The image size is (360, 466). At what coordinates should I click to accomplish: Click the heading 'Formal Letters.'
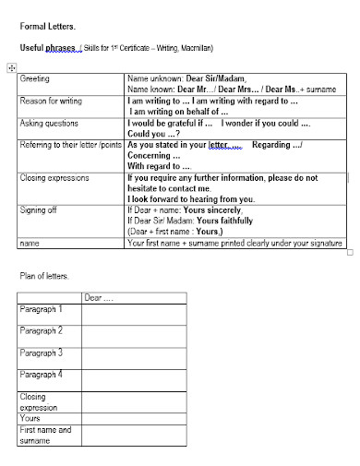click(x=42, y=27)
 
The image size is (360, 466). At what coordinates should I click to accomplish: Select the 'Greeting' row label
click(x=34, y=79)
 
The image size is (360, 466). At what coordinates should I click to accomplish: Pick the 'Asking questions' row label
click(x=49, y=123)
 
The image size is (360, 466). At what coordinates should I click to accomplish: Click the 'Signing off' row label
click(x=39, y=209)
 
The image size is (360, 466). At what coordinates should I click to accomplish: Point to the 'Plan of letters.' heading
click(x=44, y=276)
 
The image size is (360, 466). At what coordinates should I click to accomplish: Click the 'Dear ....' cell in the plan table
click(x=99, y=298)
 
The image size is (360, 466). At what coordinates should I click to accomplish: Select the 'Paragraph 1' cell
click(x=42, y=309)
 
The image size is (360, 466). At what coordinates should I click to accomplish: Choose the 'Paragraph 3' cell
click(x=42, y=352)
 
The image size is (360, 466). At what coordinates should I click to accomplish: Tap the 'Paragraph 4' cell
click(x=42, y=375)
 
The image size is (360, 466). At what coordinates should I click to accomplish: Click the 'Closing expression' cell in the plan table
click(x=39, y=401)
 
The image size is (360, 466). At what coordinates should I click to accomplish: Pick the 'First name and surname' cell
click(x=45, y=435)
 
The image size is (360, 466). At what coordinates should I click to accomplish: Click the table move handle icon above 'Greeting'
click(x=11, y=67)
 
